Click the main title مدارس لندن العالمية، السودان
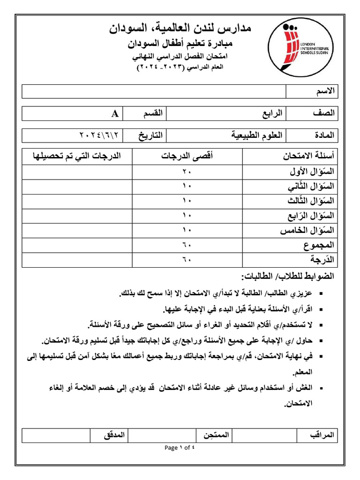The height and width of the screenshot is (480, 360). (180, 29)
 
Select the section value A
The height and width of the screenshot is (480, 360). (114, 113)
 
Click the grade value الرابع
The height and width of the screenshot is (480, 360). (272, 113)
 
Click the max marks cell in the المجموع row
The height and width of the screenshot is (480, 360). (187, 245)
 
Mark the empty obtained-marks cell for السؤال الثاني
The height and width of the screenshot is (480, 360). (76, 187)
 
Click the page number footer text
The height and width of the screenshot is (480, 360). (180, 448)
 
